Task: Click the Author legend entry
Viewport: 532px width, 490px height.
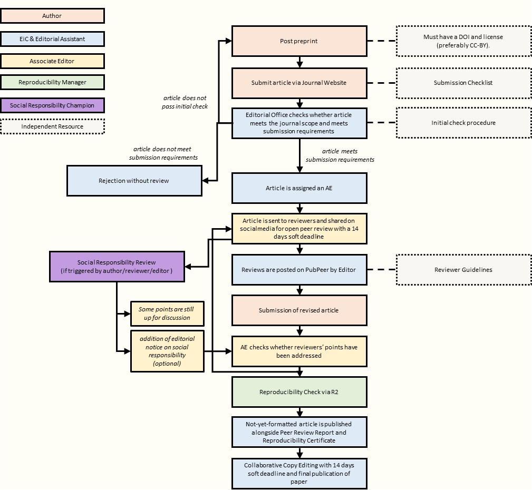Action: pyautogui.click(x=52, y=16)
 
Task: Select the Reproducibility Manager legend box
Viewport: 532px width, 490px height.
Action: pyautogui.click(x=52, y=82)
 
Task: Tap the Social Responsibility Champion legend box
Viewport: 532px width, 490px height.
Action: pyautogui.click(x=52, y=105)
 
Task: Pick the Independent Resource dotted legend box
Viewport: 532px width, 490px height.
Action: pyautogui.click(x=52, y=126)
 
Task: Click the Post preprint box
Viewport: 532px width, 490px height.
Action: pyautogui.click(x=299, y=41)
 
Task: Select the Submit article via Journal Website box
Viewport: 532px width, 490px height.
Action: pyautogui.click(x=299, y=83)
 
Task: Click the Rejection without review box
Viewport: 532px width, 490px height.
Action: pyautogui.click(x=134, y=181)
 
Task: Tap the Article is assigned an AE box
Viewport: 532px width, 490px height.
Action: pyautogui.click(x=299, y=188)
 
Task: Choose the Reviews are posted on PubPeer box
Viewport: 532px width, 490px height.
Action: pyautogui.click(x=299, y=270)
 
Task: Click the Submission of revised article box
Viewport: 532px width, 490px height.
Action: pyautogui.click(x=299, y=310)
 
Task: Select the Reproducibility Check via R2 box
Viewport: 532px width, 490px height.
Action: pyautogui.click(x=299, y=392)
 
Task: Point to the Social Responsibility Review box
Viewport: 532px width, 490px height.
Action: pyautogui.click(x=117, y=267)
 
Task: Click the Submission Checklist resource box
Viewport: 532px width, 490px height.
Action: pyautogui.click(x=463, y=83)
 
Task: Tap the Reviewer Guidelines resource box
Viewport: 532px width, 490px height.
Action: pyautogui.click(x=463, y=270)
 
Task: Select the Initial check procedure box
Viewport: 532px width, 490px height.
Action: pyautogui.click(x=463, y=123)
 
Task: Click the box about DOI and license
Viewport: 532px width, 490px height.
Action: pyautogui.click(x=463, y=41)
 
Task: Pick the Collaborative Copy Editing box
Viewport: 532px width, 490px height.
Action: pyautogui.click(x=299, y=473)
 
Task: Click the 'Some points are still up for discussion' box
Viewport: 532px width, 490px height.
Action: pyautogui.click(x=167, y=313)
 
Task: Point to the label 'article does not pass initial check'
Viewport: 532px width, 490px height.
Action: pyautogui.click(x=185, y=102)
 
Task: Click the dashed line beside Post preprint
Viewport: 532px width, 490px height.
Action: pyautogui.click(x=381, y=41)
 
